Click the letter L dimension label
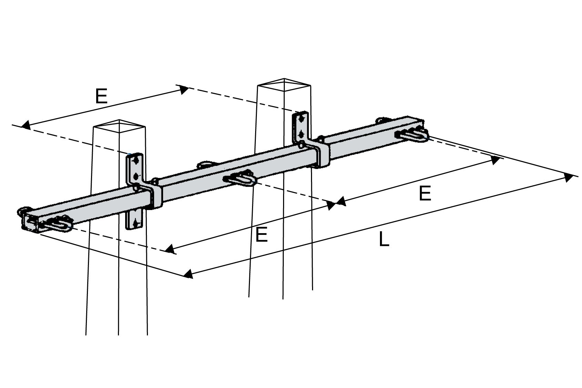pos(384,239)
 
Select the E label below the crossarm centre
pos(261,236)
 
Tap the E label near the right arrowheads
pos(425,194)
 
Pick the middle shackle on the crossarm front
pos(240,179)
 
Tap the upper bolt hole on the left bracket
pos(137,160)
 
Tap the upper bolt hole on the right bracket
pos(302,118)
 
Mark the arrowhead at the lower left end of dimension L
pos(188,275)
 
